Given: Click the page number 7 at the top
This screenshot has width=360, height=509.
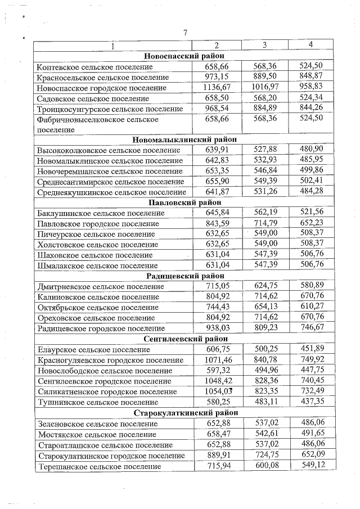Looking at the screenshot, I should (x=184, y=32).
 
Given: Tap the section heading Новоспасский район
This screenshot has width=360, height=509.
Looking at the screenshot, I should (x=184, y=56).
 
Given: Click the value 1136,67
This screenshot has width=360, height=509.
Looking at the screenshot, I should (x=217, y=87).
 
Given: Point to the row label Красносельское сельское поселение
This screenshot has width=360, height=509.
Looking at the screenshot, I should (x=103, y=77).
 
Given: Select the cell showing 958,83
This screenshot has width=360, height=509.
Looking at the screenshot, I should (x=311, y=87).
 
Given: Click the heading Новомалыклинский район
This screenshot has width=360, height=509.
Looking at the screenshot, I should (x=184, y=139).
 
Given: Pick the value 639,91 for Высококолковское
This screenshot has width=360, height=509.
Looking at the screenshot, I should (x=217, y=150).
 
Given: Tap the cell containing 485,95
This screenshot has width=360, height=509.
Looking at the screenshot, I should (x=311, y=160).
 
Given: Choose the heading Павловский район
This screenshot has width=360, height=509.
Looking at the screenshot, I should (x=184, y=202).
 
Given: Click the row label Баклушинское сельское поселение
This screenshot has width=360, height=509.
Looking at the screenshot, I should (x=101, y=213).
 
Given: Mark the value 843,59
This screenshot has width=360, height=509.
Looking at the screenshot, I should (x=217, y=223).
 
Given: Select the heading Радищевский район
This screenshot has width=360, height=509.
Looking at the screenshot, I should (x=184, y=276).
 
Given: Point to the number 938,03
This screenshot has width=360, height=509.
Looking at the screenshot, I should (x=217, y=328).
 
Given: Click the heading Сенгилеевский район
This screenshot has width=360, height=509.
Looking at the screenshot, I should (x=184, y=339).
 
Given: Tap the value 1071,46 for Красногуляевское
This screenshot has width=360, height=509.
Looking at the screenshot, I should (x=217, y=359).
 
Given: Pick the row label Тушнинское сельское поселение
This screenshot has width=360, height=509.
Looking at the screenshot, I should (x=98, y=402).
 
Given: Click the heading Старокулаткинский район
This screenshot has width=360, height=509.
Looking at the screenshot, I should (x=184, y=412).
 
